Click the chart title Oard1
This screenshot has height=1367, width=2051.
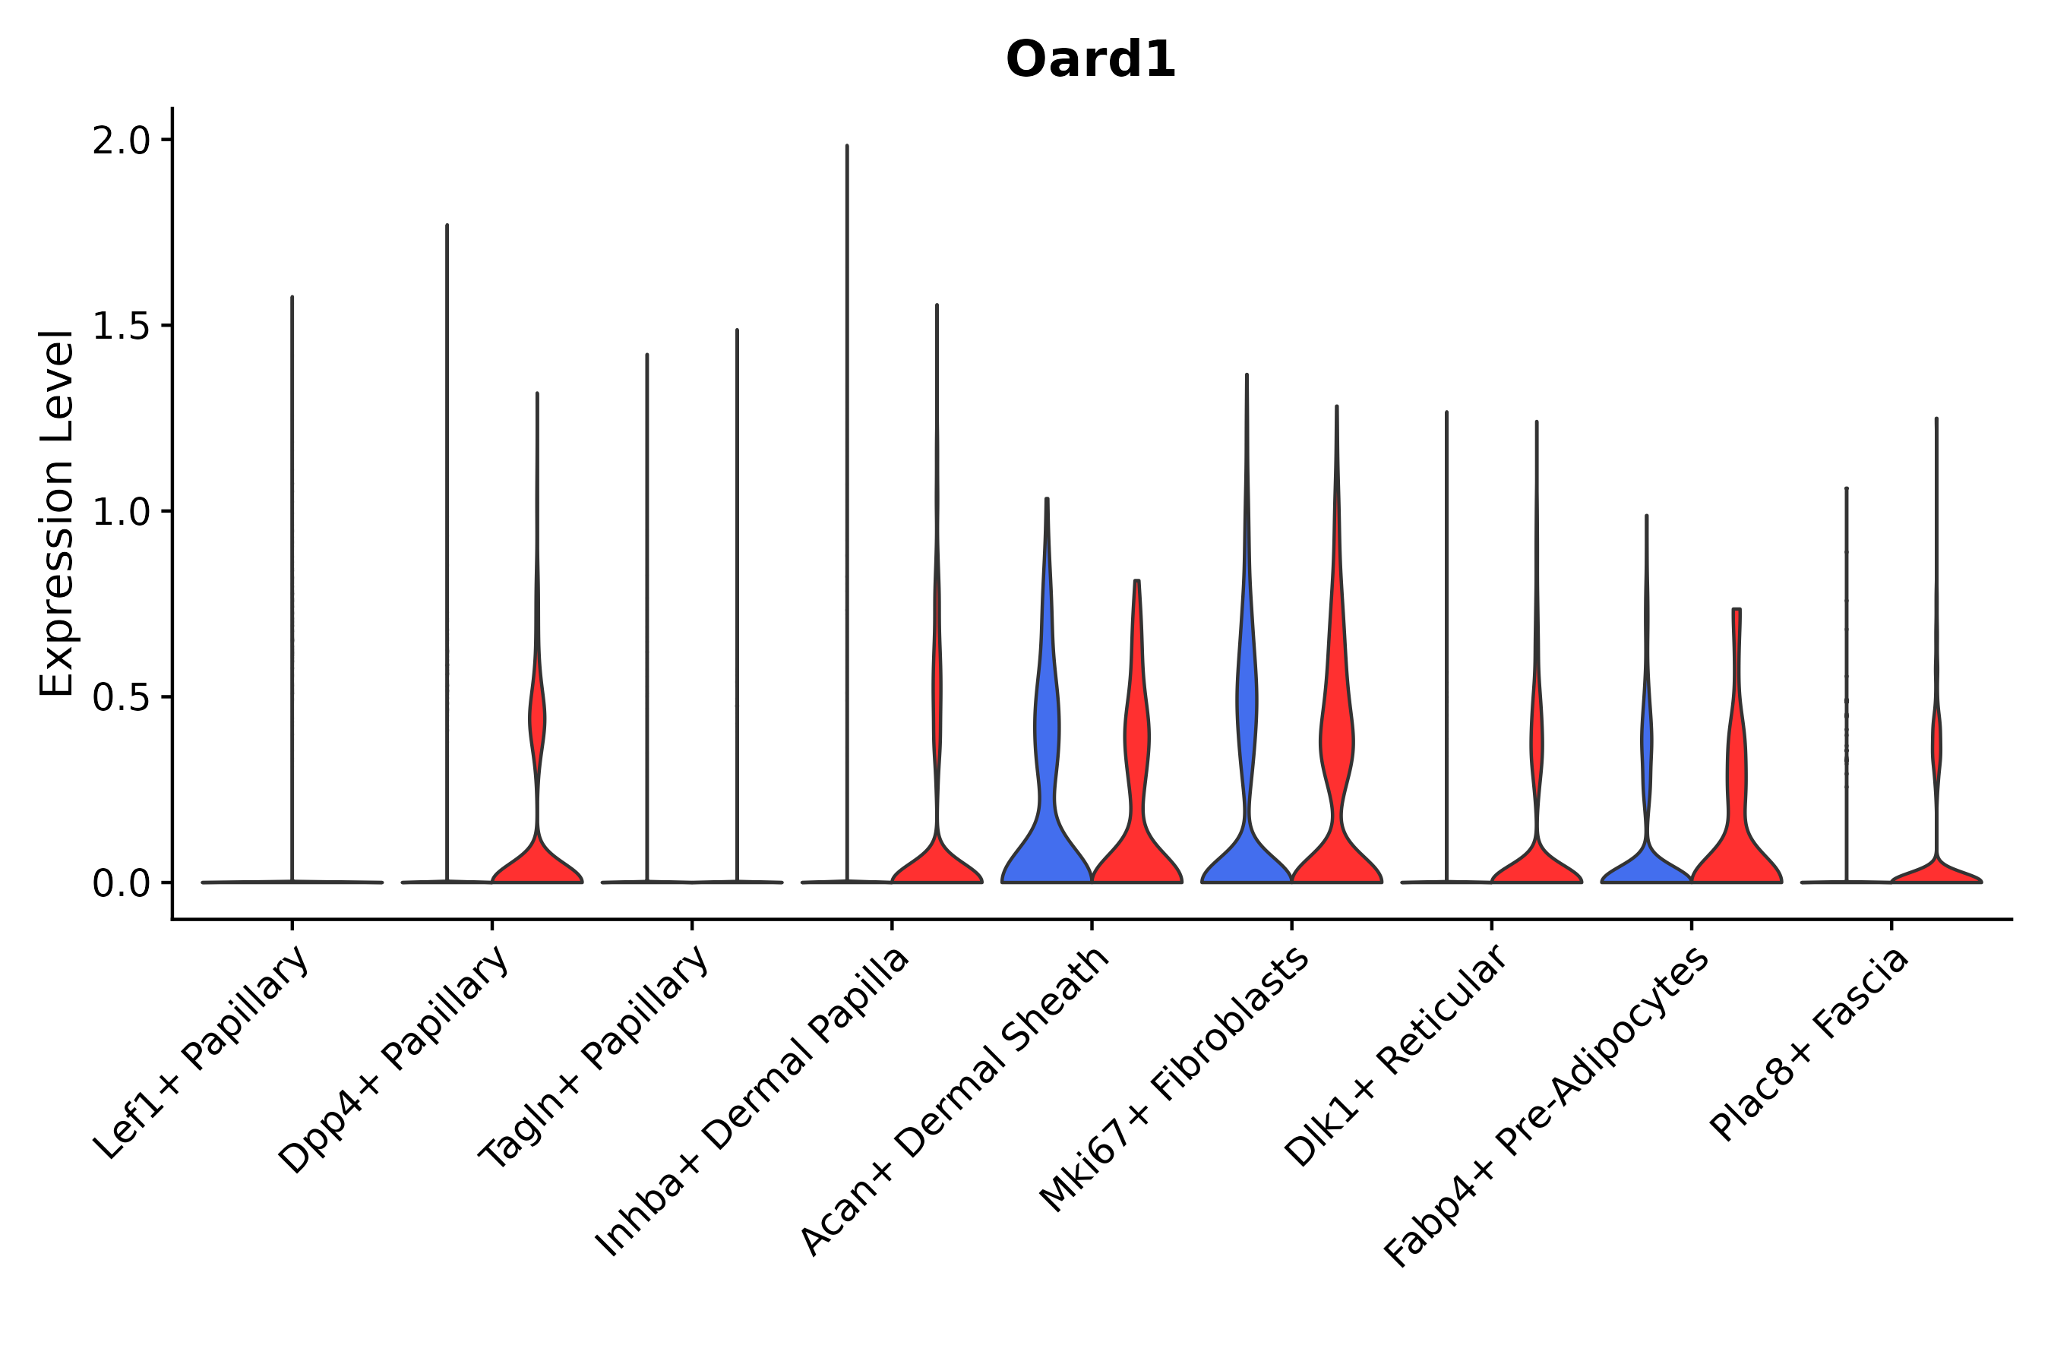point(1090,60)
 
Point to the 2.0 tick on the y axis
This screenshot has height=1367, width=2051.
point(122,140)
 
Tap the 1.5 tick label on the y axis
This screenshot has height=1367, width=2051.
point(122,326)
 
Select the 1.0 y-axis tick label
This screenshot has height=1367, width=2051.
point(122,512)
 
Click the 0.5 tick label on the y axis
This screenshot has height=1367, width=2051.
point(122,697)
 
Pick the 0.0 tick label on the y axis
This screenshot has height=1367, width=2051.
point(122,884)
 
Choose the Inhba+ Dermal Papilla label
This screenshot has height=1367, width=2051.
point(754,1102)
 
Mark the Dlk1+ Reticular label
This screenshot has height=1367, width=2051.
point(1396,1056)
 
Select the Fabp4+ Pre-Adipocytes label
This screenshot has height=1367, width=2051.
point(1547,1107)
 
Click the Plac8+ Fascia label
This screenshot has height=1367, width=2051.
point(1810,1044)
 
